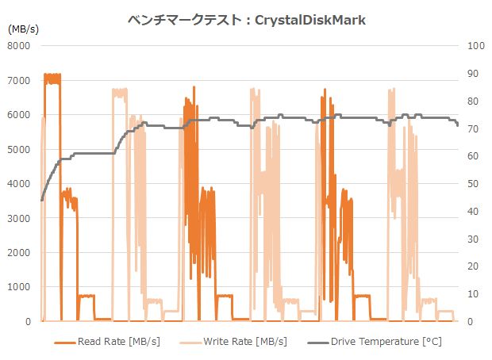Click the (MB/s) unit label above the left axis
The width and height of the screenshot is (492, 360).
23,29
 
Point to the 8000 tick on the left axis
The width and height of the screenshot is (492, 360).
18,46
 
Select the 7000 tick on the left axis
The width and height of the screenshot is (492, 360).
18,81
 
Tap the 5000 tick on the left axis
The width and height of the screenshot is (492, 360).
18,149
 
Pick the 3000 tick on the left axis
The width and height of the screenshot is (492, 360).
18,218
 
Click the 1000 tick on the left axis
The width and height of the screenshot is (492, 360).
18,287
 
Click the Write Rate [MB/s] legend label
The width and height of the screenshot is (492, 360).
245,342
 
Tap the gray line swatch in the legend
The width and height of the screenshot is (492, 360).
317,343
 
